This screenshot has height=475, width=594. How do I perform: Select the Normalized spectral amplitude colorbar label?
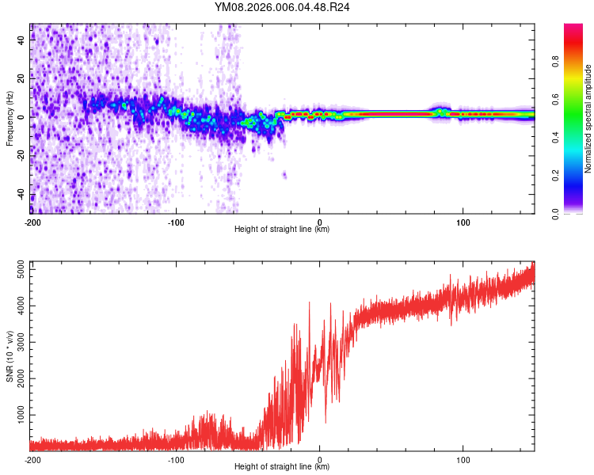588,119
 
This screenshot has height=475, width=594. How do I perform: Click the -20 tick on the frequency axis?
21,156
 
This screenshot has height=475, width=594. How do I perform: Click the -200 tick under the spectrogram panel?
32,222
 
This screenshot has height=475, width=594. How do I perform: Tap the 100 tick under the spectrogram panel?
463,222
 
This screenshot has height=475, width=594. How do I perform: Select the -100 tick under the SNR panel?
176,459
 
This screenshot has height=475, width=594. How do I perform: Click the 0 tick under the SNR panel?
320,459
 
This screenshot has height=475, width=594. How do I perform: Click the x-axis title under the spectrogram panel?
282,230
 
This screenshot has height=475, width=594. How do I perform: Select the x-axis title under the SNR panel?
282,467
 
